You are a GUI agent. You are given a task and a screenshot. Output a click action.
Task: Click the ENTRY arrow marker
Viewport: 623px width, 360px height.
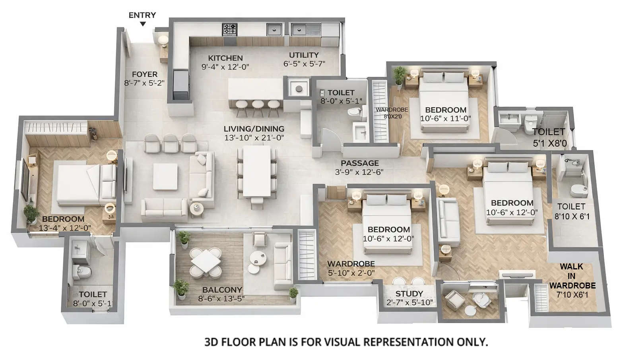[x=143, y=24]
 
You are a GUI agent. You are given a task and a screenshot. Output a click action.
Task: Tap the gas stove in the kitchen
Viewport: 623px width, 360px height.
[x=230, y=29]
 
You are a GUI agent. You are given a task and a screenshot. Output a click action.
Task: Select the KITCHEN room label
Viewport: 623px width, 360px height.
[x=225, y=58]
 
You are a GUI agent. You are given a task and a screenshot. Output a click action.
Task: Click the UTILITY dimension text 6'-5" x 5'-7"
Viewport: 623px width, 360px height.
[x=304, y=64]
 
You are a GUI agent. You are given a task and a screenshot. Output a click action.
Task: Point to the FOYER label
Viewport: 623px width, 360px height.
[x=145, y=74]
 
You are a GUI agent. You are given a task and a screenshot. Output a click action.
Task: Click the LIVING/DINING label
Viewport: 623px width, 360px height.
[x=254, y=129]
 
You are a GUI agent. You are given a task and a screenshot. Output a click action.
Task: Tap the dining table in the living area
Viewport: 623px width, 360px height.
[x=257, y=172]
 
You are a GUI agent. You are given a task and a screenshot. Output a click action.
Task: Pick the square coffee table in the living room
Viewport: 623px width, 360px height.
[x=165, y=176]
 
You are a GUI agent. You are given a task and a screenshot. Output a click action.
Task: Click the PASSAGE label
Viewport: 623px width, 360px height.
[x=359, y=163]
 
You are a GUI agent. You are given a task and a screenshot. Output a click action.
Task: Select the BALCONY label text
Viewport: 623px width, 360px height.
[x=222, y=290]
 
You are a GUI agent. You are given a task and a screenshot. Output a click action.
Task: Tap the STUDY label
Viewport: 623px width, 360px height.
[x=409, y=294]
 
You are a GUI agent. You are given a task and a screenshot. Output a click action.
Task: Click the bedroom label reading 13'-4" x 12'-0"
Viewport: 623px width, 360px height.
[x=65, y=228]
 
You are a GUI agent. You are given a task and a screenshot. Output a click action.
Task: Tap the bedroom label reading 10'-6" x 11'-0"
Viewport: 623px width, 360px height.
[x=445, y=118]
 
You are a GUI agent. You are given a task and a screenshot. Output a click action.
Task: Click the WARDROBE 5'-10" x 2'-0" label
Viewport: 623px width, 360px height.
[x=351, y=268]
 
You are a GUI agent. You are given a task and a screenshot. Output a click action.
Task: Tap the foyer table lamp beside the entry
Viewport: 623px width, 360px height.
[x=163, y=40]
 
